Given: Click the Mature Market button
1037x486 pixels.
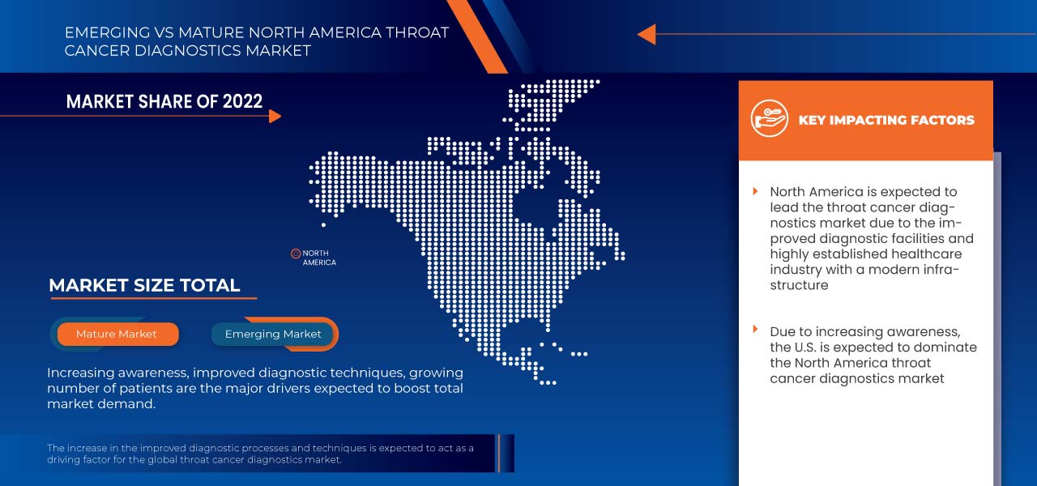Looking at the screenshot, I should click(x=117, y=334).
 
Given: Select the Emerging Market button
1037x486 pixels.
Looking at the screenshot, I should click(x=273, y=334).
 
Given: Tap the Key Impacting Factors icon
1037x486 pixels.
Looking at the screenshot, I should click(x=769, y=120).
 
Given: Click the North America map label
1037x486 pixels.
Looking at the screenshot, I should click(x=319, y=258).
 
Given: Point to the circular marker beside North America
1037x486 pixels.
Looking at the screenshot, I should click(x=296, y=254).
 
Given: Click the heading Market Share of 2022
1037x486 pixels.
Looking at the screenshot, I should click(x=164, y=101).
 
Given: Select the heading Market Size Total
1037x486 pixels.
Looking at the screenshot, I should click(x=144, y=285).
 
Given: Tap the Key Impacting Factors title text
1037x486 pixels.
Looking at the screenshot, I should click(x=886, y=120).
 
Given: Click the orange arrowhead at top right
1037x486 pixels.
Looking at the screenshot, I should click(x=647, y=34).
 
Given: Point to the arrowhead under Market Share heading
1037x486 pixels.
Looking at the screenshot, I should click(x=275, y=116).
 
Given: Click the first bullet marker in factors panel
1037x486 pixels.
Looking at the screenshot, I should click(x=755, y=191).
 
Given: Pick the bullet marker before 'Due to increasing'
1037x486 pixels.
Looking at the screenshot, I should click(x=755, y=330).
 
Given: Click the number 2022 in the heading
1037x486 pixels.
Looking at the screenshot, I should click(x=241, y=101).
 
